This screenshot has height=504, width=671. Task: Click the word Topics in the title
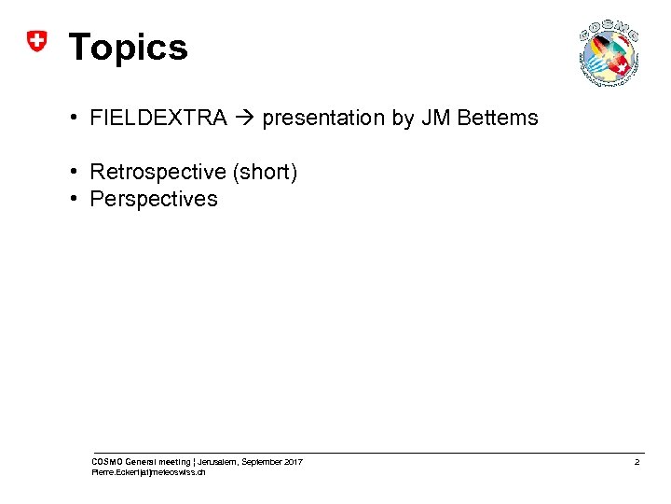129,48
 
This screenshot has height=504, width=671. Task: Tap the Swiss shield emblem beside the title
35,41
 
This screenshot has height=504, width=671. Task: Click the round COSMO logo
609,52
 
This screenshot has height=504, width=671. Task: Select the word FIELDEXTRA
158,118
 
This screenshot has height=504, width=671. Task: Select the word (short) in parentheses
266,172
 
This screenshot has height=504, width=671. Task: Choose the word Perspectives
154,199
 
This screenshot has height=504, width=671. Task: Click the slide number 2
637,463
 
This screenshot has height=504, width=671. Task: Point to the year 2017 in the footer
292,462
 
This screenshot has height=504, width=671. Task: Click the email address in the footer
148,473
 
